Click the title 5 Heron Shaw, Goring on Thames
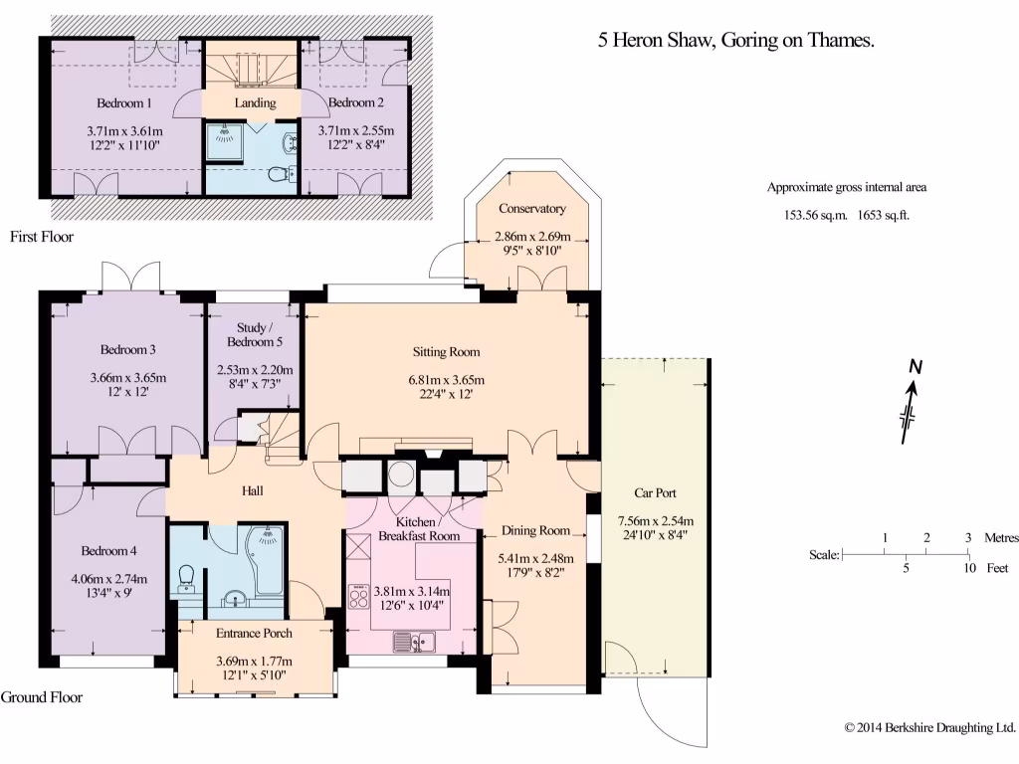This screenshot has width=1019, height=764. tap(736, 40)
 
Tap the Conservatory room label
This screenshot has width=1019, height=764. tap(532, 209)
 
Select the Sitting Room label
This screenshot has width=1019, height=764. tap(447, 352)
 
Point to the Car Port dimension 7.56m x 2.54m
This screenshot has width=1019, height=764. tap(656, 521)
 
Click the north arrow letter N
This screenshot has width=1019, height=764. tap(916, 367)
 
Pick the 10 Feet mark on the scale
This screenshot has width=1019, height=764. tap(969, 568)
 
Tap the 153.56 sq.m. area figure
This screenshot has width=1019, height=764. tap(816, 215)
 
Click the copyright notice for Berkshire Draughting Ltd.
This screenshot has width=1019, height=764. tap(930, 727)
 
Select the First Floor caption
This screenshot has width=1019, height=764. tap(42, 237)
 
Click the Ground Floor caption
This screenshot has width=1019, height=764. tap(42, 697)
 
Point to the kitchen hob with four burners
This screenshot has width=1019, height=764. tap(358, 597)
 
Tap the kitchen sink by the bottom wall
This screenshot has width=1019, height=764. tap(414, 642)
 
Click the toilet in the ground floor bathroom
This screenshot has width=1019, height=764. tap(186, 579)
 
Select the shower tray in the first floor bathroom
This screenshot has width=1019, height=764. tap(224, 141)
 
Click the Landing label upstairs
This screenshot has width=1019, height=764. tap(255, 102)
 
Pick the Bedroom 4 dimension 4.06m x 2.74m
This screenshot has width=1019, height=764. tap(109, 579)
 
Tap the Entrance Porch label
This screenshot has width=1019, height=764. tap(254, 633)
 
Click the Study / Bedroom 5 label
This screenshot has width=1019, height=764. tap(255, 334)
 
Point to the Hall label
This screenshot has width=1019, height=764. tap(252, 490)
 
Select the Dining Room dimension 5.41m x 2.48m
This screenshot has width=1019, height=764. tap(536, 558)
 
